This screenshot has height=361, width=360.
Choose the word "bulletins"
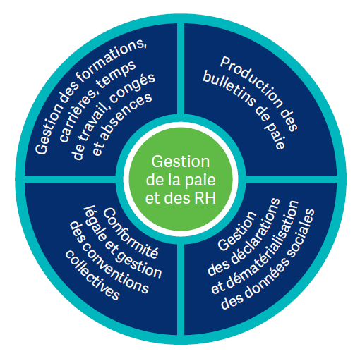point(229,89)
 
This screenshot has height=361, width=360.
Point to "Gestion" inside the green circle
point(181,162)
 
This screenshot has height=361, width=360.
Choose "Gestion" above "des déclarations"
point(237,231)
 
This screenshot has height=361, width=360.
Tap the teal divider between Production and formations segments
point(181,69)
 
